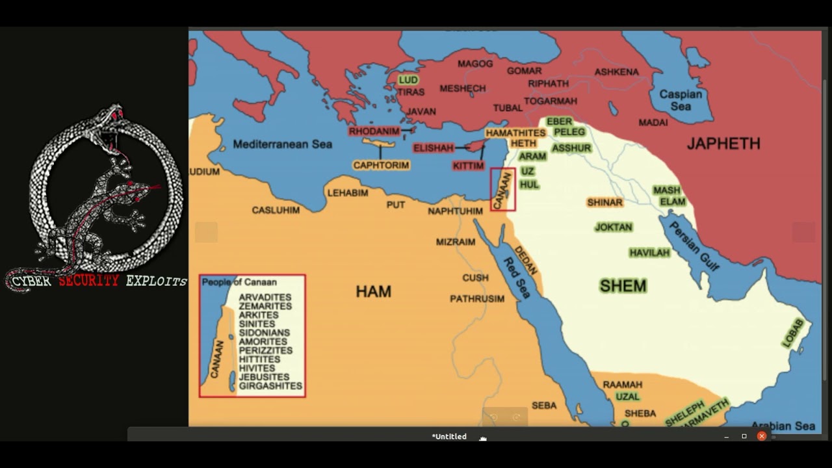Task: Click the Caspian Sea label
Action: pos(681,99)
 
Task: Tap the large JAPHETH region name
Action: pos(723,144)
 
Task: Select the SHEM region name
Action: pos(623,286)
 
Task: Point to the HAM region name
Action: pos(373,292)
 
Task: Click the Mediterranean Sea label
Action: pos(282,144)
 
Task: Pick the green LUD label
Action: pos(408,80)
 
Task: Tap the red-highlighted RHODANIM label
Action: pos(374,131)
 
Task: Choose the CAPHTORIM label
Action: pos(381,165)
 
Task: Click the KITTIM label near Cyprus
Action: pos(469,166)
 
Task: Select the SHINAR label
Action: pos(604,202)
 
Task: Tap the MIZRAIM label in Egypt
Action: pos(455,242)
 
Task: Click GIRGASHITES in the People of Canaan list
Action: pos(270,386)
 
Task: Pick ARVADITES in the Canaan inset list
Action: pos(265,297)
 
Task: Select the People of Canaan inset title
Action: pos(239,282)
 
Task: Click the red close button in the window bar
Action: pos(761,436)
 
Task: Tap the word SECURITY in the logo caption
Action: pos(89,281)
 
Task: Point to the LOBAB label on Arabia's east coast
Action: pos(792,333)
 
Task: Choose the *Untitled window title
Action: pos(449,437)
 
